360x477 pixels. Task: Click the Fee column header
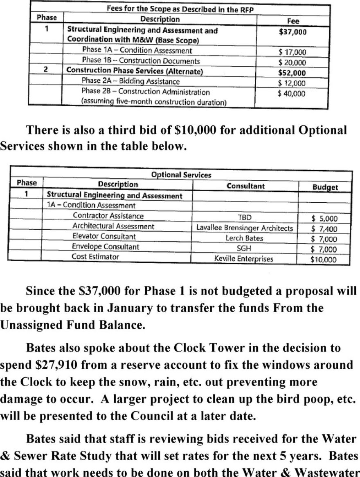point(293,21)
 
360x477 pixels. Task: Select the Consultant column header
point(245,186)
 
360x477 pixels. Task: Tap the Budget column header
point(325,187)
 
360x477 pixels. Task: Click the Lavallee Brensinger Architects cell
point(245,228)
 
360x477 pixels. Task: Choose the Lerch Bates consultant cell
point(244,238)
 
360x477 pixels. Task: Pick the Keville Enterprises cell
point(244,259)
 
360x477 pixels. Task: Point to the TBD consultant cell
point(244,218)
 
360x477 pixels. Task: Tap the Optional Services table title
point(181,175)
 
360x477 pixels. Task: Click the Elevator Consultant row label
point(104,237)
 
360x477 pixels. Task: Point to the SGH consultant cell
point(244,249)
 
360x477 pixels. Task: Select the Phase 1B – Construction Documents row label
point(141,61)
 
